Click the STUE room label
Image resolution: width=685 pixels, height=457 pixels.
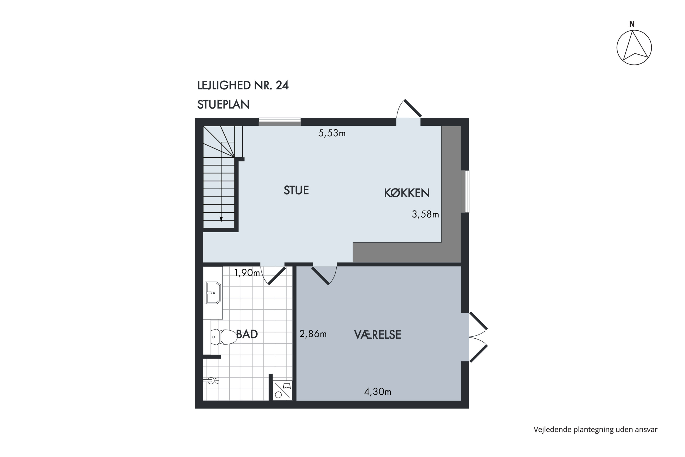click(296, 190)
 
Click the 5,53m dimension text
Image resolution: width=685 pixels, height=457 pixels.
click(332, 133)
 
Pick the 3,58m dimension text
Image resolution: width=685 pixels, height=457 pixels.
click(425, 215)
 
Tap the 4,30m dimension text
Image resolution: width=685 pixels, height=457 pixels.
click(377, 392)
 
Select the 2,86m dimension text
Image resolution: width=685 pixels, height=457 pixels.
click(313, 334)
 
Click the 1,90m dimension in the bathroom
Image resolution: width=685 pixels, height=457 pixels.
click(247, 273)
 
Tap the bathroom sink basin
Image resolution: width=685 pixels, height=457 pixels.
click(213, 293)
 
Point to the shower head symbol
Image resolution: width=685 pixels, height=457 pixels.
click(211, 381)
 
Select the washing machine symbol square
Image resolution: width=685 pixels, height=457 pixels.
click(282, 390)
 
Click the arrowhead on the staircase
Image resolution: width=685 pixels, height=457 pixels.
click(221, 220)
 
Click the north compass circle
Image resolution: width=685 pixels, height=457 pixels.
click(634, 48)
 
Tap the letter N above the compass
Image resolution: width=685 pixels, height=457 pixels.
click(632, 24)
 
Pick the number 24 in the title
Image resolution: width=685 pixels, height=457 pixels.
click(282, 85)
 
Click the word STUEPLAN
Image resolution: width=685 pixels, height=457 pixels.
click(223, 105)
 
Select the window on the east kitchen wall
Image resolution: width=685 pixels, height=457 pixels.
click(465, 191)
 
